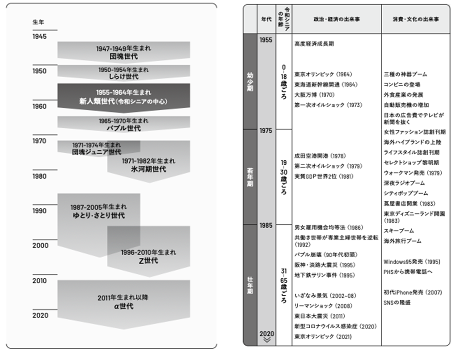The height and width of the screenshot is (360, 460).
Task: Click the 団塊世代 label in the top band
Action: click(x=124, y=57)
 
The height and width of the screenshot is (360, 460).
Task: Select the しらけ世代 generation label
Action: click(x=124, y=77)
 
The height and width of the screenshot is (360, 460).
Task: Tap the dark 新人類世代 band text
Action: click(x=123, y=101)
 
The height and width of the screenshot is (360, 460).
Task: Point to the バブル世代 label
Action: click(x=124, y=128)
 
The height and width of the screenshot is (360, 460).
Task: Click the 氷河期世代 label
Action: click(x=148, y=169)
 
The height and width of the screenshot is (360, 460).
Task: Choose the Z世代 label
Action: click(x=148, y=261)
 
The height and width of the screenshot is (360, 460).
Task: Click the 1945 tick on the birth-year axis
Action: click(x=39, y=36)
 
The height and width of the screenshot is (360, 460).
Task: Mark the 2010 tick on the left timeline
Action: click(x=39, y=280)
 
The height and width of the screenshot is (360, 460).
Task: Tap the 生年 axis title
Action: click(x=38, y=22)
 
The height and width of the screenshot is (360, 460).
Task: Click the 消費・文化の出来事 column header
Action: click(x=415, y=20)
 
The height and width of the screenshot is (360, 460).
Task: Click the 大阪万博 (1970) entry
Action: click(x=314, y=95)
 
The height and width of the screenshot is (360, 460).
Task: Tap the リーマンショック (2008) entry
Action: click(x=317, y=306)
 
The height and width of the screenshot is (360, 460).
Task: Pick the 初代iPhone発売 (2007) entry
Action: click(x=413, y=293)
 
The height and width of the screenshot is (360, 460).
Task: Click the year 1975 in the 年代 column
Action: click(x=266, y=131)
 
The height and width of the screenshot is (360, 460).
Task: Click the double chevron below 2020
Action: click(x=266, y=340)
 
